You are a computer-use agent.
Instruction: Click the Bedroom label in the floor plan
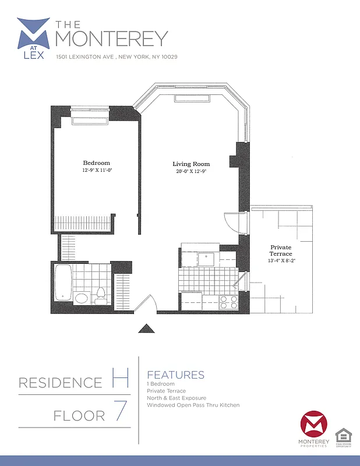pyautogui.click(x=96, y=163)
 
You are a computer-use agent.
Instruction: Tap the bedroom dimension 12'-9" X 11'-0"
pyautogui.click(x=96, y=171)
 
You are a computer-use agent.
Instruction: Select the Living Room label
pyautogui.click(x=191, y=164)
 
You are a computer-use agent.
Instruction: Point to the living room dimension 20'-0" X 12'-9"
pyautogui.click(x=191, y=172)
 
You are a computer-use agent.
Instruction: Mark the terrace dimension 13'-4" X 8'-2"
pyautogui.click(x=281, y=261)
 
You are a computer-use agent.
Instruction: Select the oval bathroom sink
pyautogui.click(x=82, y=298)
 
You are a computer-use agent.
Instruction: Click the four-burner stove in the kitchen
pyautogui.click(x=228, y=302)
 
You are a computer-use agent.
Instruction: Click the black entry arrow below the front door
pyautogui.click(x=145, y=329)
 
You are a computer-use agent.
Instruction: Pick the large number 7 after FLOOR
pyautogui.click(x=120, y=412)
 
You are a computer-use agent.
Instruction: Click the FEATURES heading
pyautogui.click(x=175, y=375)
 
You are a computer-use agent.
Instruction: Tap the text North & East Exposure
pyautogui.click(x=177, y=398)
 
